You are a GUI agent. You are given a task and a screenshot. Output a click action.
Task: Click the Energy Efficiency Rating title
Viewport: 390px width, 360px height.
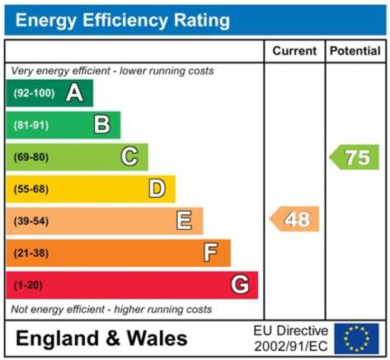tap(123, 21)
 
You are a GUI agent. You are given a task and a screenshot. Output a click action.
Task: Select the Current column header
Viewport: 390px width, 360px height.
tap(294, 51)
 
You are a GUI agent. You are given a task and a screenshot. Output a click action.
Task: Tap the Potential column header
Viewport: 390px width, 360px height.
tap(355, 51)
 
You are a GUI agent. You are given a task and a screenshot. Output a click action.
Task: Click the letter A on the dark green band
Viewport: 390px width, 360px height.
tap(74, 93)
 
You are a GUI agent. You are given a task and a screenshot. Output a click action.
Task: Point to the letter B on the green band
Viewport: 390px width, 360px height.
tap(102, 124)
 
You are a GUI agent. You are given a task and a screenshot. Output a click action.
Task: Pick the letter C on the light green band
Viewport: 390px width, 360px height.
tap(129, 157)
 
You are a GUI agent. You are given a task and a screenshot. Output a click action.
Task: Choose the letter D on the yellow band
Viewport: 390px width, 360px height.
tap(157, 189)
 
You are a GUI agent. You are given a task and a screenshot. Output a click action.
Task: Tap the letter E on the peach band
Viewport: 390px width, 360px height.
tap(184, 220)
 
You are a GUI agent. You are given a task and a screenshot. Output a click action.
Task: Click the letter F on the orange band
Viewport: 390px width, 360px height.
tap(211, 252)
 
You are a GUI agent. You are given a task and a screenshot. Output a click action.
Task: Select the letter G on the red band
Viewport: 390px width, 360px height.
tap(240, 284)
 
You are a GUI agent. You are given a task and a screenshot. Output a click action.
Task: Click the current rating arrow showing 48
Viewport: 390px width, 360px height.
tap(294, 219)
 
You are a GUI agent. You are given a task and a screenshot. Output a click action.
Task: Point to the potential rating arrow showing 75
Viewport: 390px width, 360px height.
tap(354, 157)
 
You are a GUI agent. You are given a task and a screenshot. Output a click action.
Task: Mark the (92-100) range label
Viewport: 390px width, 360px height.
tap(34, 93)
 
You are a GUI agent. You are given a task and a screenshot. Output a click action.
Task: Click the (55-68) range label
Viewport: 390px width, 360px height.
tap(31, 189)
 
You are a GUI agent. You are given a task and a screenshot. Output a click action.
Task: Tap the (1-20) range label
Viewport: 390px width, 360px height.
tap(28, 285)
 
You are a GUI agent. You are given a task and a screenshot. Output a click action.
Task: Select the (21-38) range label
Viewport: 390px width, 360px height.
tap(31, 253)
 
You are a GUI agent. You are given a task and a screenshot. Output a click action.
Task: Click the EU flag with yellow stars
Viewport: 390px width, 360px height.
tap(356, 339)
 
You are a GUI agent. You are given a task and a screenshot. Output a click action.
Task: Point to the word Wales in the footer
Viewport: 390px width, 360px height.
tap(157, 338)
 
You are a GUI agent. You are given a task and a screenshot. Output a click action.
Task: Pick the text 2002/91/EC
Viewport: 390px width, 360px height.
tap(291, 346)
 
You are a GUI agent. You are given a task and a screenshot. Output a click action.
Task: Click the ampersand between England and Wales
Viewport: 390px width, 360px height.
tap(113, 338)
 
